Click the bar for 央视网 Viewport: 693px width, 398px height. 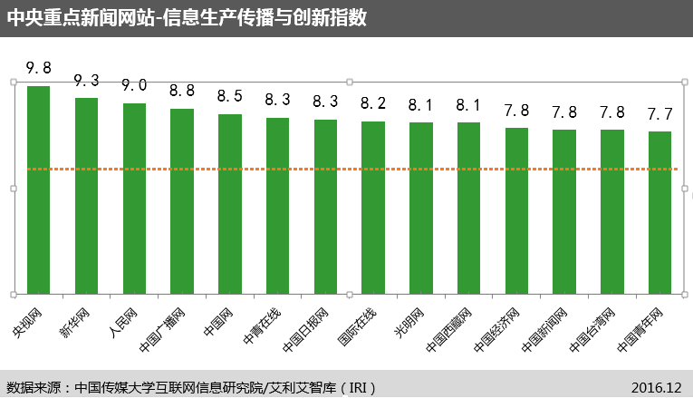click(39, 190)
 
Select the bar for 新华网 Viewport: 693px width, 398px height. click(86, 196)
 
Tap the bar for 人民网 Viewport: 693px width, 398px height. click(134, 199)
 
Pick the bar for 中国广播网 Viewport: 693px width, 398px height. click(182, 201)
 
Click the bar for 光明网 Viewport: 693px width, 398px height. click(421, 208)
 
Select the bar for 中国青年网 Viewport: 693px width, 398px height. click(660, 212)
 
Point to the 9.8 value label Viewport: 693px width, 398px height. click(39, 69)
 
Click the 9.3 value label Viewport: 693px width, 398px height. click(86, 81)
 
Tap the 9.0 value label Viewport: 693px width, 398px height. click(134, 85)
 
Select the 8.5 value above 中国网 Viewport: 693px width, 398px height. click(230, 96)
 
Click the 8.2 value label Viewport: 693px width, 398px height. click(373, 102)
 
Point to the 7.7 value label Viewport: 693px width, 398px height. click(660, 113)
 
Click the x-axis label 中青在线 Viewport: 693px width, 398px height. click(263, 325)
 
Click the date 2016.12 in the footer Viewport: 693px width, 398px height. click(656, 387)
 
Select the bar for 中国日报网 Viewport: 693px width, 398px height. click(325, 207)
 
